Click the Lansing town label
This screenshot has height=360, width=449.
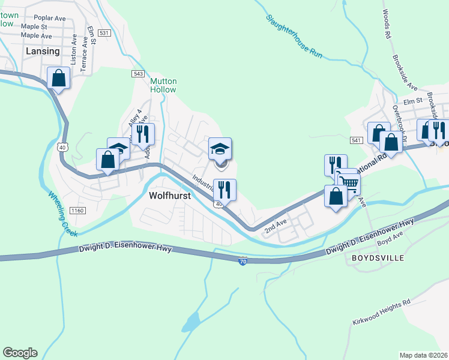coord(43,51)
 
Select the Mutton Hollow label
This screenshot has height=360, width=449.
coord(163,85)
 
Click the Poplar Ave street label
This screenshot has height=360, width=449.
coord(50,18)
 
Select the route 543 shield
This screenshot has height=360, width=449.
coord(138,73)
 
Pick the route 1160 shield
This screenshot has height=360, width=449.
coord(76,210)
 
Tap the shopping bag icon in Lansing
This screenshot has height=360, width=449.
coord(59,78)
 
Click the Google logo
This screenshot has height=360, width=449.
coord(20,353)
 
